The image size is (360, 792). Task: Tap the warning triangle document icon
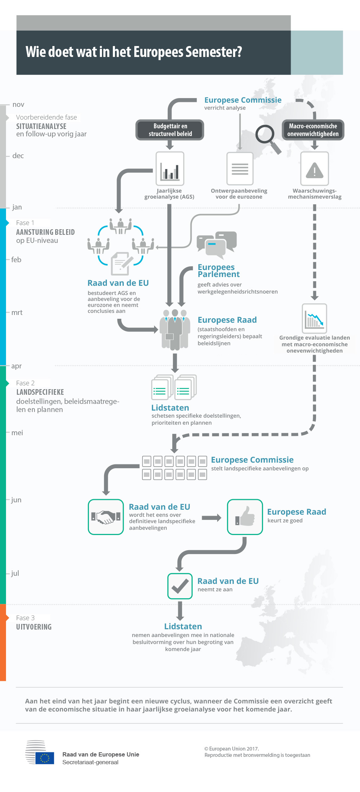point(315,169)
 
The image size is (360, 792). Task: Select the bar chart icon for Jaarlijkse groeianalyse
point(170,168)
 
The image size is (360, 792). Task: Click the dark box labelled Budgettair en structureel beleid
point(170,130)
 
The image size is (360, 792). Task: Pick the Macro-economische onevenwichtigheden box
point(313,130)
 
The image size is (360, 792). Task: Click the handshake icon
point(106,517)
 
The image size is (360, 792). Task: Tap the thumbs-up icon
point(245,517)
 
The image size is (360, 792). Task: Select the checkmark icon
point(180,586)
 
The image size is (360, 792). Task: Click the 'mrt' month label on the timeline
point(17,313)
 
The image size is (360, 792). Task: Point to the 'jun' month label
point(16,500)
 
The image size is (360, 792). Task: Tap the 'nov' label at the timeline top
point(18,104)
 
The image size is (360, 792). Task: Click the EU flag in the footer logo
point(45,758)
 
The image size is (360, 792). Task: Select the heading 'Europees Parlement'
point(219,271)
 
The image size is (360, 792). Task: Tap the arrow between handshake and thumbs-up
point(212,517)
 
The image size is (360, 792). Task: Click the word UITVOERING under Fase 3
point(34,627)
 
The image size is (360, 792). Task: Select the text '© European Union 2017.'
point(232,749)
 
